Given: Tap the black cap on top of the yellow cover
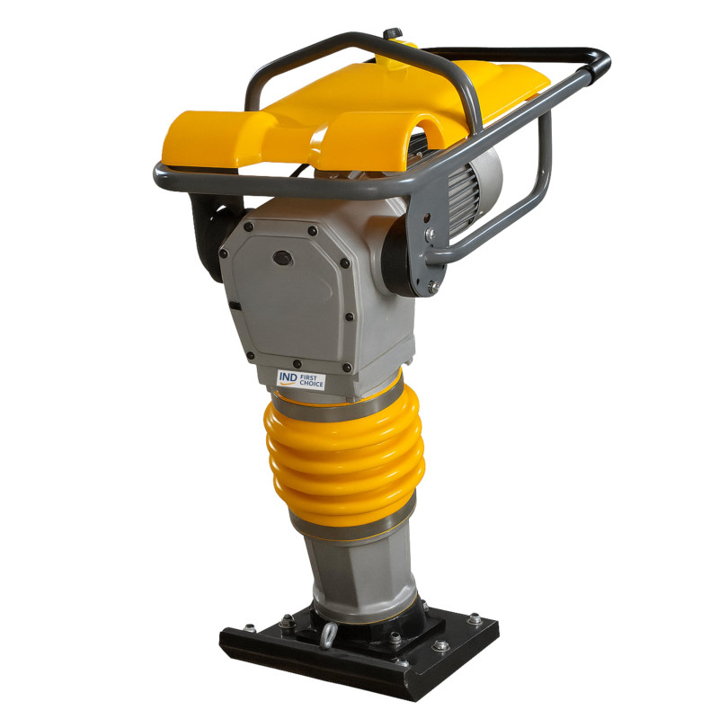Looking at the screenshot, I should [x=393, y=35].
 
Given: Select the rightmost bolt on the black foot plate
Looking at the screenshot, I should [x=474, y=618].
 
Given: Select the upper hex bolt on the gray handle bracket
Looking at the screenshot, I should [x=431, y=235].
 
